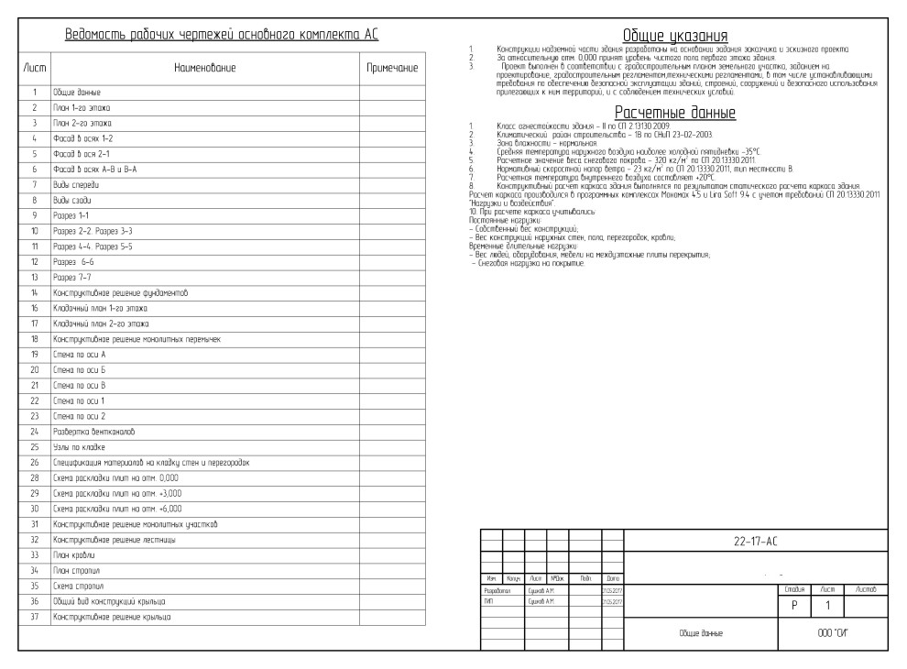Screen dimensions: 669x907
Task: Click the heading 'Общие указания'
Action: pyautogui.click(x=675, y=36)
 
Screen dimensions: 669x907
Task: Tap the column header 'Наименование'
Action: pyautogui.click(x=205, y=68)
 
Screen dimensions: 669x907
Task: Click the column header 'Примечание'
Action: pyautogui.click(x=392, y=68)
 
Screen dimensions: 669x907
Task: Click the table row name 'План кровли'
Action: pyautogui.click(x=72, y=555)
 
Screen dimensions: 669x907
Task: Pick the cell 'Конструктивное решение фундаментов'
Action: pyautogui.click(x=120, y=292)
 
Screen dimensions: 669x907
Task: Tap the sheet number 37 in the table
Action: pyautogui.click(x=34, y=617)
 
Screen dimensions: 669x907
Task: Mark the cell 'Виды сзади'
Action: pyautogui.click(x=73, y=199)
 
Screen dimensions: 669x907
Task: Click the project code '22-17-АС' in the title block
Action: pyautogui.click(x=756, y=541)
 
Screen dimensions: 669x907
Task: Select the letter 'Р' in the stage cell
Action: pyautogui.click(x=792, y=606)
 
